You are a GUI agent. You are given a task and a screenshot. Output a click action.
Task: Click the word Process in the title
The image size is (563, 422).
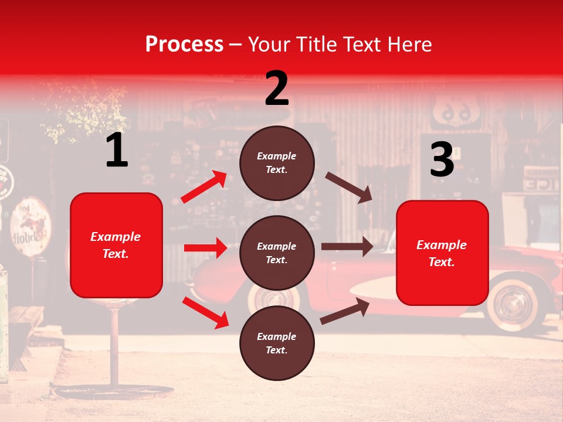184,44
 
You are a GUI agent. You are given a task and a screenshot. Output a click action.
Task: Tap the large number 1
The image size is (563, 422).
117,151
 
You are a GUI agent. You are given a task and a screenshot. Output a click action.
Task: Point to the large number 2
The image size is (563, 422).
277,89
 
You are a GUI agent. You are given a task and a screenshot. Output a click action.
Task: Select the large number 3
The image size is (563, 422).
442,160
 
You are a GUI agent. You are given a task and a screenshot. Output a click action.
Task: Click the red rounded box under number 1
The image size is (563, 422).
116,245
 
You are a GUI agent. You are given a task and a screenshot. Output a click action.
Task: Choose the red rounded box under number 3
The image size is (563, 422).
442,253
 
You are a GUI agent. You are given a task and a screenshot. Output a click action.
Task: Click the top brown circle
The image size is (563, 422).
277,163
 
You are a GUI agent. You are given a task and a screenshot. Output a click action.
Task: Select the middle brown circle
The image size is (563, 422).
277,253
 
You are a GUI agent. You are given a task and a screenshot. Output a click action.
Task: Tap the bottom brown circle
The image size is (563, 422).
277,343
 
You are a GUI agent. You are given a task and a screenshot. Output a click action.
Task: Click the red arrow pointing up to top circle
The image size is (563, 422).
204,187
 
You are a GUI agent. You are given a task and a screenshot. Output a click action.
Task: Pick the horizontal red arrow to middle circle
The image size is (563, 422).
205,248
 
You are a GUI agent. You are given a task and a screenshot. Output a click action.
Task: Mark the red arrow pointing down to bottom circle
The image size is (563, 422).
205,312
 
